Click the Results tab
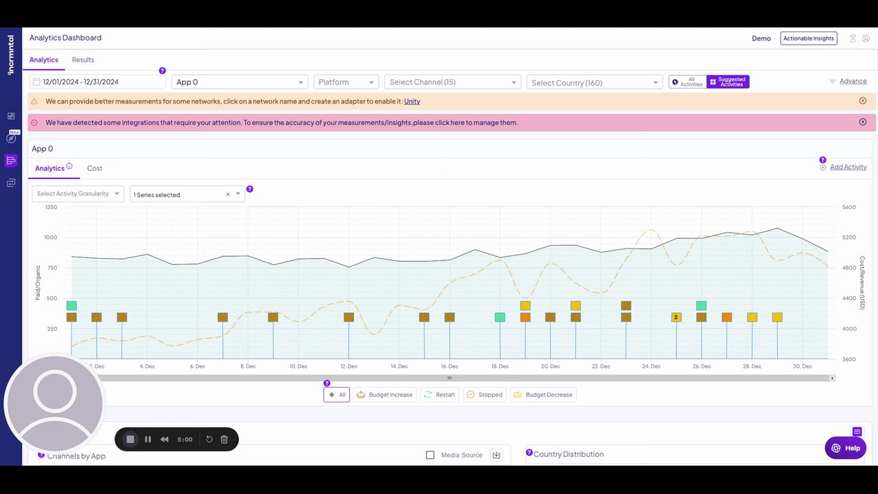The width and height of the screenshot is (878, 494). [83, 60]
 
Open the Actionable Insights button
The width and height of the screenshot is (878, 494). [809, 38]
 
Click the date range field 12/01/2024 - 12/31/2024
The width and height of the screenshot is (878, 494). [97, 82]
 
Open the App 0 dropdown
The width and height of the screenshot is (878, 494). [239, 82]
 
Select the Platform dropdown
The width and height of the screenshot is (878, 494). [346, 82]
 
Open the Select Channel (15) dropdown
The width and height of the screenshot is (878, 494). [453, 82]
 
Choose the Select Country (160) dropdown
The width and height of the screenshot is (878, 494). [594, 82]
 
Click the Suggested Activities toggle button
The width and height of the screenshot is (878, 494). [728, 82]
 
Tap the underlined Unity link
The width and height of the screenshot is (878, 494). [412, 102]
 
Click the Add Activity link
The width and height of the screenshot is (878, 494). [848, 167]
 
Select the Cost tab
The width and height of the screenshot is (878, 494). [95, 168]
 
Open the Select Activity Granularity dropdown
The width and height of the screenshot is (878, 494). [78, 193]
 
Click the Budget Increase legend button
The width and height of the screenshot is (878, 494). [385, 395]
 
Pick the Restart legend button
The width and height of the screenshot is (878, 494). [440, 395]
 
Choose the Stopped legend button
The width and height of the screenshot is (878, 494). [484, 395]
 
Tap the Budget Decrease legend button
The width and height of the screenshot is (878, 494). [543, 395]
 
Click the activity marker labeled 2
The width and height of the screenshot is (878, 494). [676, 317]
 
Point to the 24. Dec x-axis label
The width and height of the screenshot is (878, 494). [651, 366]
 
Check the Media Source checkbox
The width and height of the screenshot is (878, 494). [430, 455]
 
